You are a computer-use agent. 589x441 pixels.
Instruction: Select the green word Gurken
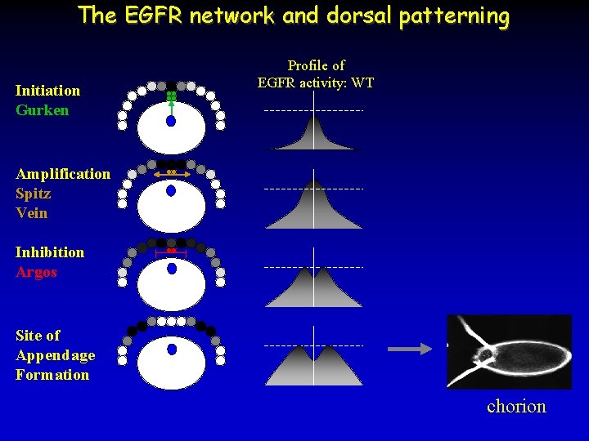[42, 110]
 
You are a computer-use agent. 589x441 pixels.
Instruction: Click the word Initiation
[47, 91]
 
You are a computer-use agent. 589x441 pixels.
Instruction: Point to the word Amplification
[62, 174]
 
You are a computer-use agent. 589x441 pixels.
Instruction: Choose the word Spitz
[33, 194]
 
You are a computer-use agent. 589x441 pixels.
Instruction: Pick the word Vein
[31, 213]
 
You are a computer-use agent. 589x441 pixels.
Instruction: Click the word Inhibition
[49, 252]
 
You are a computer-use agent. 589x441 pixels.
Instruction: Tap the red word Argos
[36, 272]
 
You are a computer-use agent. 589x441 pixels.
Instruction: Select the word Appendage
[55, 355]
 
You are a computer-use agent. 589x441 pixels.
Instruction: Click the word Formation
[52, 375]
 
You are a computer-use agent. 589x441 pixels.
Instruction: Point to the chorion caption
[516, 406]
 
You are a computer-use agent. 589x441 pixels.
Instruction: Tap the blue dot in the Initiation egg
[171, 121]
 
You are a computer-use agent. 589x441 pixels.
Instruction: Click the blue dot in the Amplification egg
[171, 191]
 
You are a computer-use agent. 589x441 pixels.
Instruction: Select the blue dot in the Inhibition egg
[171, 268]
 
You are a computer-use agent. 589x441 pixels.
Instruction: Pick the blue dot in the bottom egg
[171, 349]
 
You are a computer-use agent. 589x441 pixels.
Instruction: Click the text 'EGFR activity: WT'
[315, 82]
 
